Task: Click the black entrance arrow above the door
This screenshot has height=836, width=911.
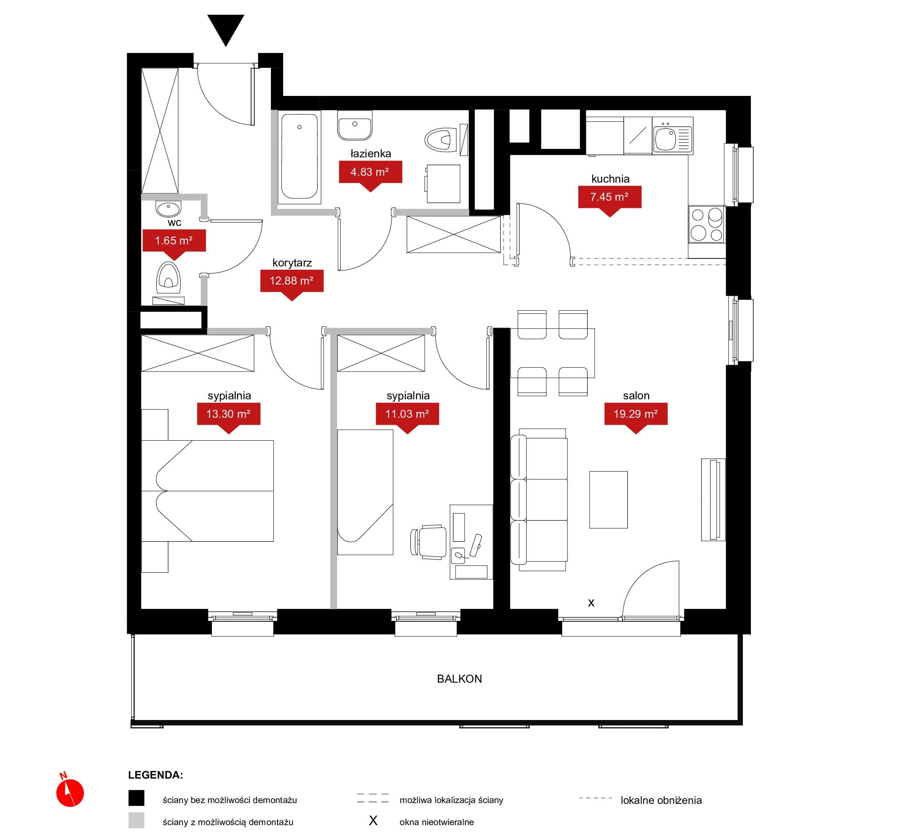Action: click(226, 28)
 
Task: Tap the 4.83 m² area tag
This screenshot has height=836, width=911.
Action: click(370, 175)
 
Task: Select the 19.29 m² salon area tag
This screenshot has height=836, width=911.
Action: click(636, 417)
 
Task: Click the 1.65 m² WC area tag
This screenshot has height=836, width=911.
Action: click(174, 243)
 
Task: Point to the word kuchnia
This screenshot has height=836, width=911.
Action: click(610, 179)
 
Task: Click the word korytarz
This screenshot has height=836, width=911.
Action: click(292, 263)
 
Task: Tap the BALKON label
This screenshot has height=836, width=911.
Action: click(460, 679)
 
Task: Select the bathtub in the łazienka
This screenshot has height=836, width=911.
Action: click(299, 157)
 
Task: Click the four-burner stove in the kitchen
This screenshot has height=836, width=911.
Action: click(707, 224)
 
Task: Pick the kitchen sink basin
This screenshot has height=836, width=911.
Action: click(665, 139)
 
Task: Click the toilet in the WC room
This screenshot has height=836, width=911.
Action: click(169, 278)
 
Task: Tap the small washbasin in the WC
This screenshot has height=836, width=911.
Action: click(168, 209)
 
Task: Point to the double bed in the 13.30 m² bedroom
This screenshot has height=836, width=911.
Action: click(207, 491)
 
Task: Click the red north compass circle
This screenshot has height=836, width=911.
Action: click(70, 793)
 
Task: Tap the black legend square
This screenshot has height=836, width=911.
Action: click(136, 798)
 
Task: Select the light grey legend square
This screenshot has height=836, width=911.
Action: click(136, 820)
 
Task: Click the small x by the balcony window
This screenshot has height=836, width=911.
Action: click(591, 603)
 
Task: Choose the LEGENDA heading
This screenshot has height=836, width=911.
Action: click(156, 775)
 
